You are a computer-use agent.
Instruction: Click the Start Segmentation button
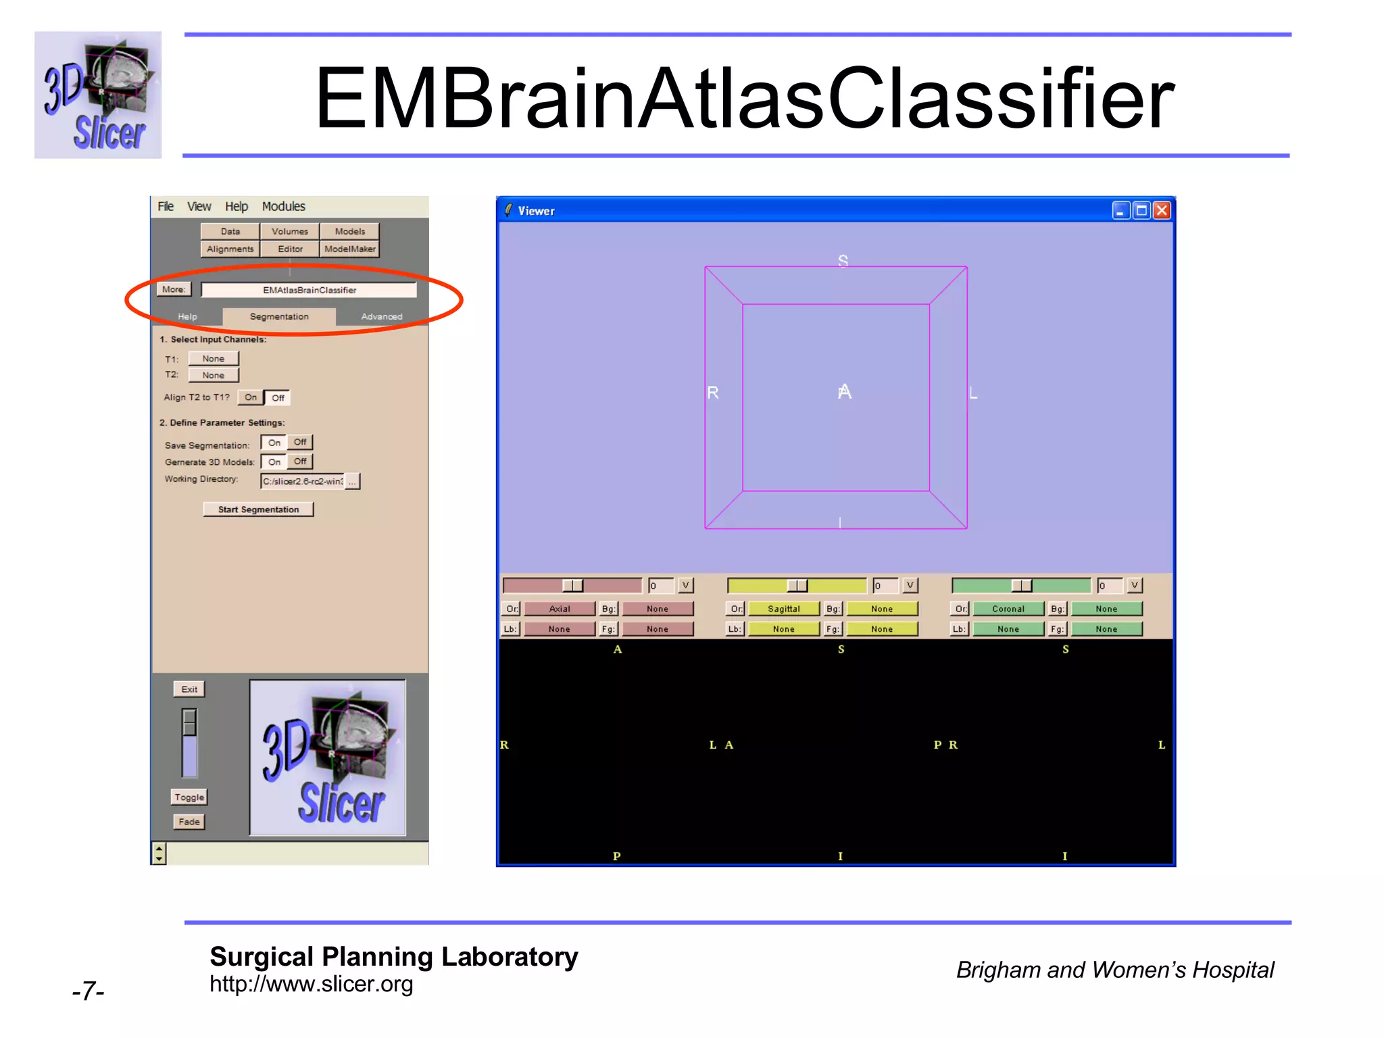coord(258,510)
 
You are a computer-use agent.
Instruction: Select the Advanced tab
coord(381,316)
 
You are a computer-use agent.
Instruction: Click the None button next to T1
coord(213,359)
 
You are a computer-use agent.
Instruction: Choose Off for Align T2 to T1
coord(278,397)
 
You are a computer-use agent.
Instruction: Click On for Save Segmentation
coord(274,443)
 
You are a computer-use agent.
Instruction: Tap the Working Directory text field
coord(302,481)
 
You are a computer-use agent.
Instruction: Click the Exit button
coord(189,689)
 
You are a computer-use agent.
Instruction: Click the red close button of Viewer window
coord(1162,211)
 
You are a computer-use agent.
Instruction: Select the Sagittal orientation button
coord(783,609)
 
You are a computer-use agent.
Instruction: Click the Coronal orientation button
coord(1008,609)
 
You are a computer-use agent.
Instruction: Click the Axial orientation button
coord(559,609)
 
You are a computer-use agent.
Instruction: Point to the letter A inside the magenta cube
coord(844,392)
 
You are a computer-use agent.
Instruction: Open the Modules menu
coord(283,206)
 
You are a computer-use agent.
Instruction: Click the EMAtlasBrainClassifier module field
coord(309,290)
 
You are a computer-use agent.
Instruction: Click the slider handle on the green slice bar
coord(1021,585)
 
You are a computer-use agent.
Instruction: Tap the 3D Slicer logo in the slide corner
coord(98,95)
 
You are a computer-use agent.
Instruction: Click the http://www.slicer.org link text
coord(311,985)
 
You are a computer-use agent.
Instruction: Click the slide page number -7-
coord(88,991)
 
